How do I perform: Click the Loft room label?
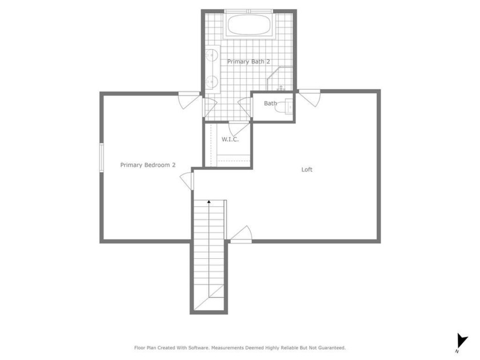[307, 169]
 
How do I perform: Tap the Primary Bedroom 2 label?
[148, 165]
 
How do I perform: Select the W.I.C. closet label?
[230, 139]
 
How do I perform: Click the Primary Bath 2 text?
[249, 62]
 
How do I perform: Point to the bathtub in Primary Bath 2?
[249, 25]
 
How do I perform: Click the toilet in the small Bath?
[284, 106]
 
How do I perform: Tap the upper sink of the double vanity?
[211, 55]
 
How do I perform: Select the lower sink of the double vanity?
[211, 82]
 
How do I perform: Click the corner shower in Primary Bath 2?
[279, 79]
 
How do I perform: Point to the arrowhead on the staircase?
[209, 202]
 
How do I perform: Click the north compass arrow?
[462, 341]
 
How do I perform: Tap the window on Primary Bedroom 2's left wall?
[102, 158]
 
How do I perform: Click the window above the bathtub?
[249, 11]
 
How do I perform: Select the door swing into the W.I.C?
[239, 129]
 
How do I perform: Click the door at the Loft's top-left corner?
[310, 98]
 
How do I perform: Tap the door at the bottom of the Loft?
[241, 235]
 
